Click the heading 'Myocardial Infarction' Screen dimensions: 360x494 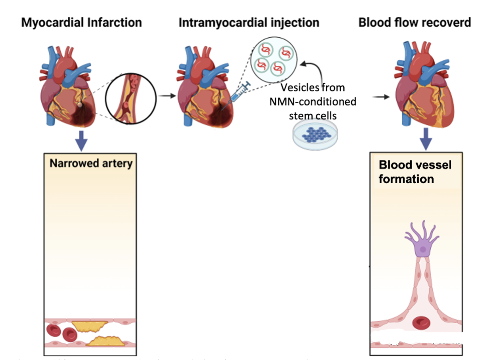(81, 22)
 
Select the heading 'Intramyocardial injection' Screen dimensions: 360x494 (249, 22)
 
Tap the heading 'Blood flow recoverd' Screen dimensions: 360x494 (414, 22)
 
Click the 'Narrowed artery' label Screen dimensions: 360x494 (91, 163)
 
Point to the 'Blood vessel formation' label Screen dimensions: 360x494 (408, 172)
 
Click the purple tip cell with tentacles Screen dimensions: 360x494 (422, 244)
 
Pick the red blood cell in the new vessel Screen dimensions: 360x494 (422, 322)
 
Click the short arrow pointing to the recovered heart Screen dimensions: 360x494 (380, 97)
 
